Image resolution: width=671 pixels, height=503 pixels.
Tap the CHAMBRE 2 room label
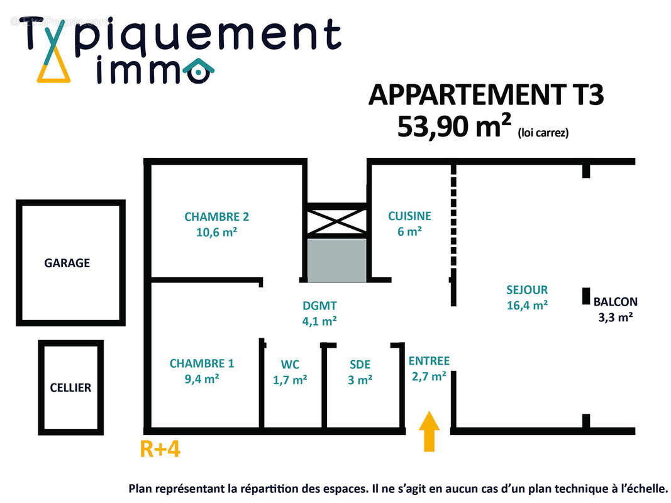pyautogui.click(x=216, y=217)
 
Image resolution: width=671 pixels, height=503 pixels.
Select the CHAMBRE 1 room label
pyautogui.click(x=201, y=363)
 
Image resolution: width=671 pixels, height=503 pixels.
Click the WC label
pyautogui.click(x=290, y=365)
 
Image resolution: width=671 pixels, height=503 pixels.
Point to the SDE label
pyautogui.click(x=360, y=365)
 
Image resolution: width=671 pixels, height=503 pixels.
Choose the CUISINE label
pyautogui.click(x=409, y=216)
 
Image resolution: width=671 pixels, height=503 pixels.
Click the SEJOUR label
pyautogui.click(x=527, y=290)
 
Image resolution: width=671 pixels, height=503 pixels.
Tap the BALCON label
pyautogui.click(x=615, y=302)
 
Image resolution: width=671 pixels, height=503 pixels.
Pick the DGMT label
pyautogui.click(x=319, y=306)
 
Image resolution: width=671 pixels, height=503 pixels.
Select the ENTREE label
pyautogui.click(x=429, y=361)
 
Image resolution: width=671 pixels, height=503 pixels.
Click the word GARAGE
pyautogui.click(x=67, y=263)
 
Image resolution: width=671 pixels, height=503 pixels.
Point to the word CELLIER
pyautogui.click(x=70, y=388)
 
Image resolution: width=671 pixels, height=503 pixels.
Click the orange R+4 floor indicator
pyautogui.click(x=160, y=450)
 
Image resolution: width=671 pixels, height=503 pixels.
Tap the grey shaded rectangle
pyautogui.click(x=336, y=260)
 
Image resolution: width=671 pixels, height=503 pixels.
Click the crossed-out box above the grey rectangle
pyautogui.click(x=336, y=220)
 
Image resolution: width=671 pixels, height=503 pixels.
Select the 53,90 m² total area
pyautogui.click(x=453, y=126)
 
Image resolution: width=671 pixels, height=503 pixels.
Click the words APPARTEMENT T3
pyautogui.click(x=485, y=94)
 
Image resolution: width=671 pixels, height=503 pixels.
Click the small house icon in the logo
pyautogui.click(x=199, y=70)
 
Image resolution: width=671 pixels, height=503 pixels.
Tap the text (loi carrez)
pyautogui.click(x=543, y=133)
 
